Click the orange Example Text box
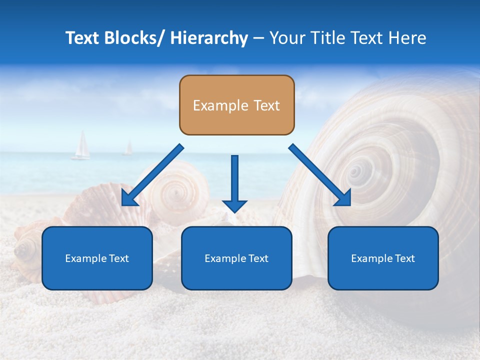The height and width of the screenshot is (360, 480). pos(236,105)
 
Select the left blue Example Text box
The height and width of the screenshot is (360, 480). pos(97,258)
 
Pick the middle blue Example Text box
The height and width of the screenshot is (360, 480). pos(236,258)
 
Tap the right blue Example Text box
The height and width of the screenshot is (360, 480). pos(383,258)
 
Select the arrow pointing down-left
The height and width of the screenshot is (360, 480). pos(152,175)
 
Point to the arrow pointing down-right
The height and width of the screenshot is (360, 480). pos(320,175)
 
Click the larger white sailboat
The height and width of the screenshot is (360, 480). pos(81,145)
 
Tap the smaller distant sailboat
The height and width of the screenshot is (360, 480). pos(128,148)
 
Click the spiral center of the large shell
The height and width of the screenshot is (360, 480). pos(355,172)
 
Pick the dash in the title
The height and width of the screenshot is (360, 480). pos(258,38)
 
